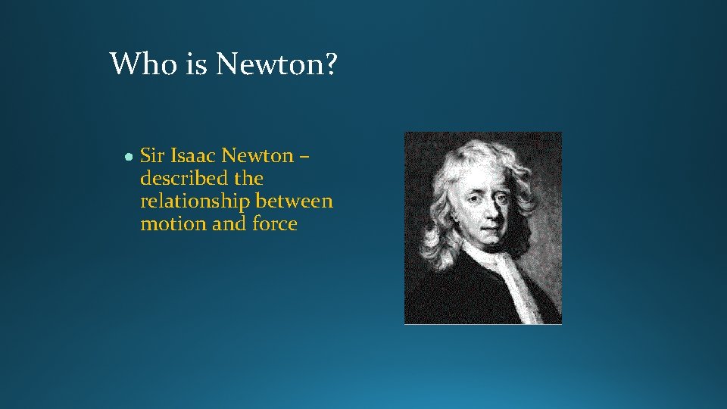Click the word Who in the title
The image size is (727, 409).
click(144, 64)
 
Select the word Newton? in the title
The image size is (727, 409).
click(276, 64)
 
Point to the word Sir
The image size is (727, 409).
click(152, 156)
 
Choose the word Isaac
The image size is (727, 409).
click(194, 156)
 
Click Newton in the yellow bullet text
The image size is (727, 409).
click(257, 156)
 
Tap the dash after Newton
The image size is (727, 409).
click(304, 158)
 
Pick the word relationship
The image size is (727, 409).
click(195, 201)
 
